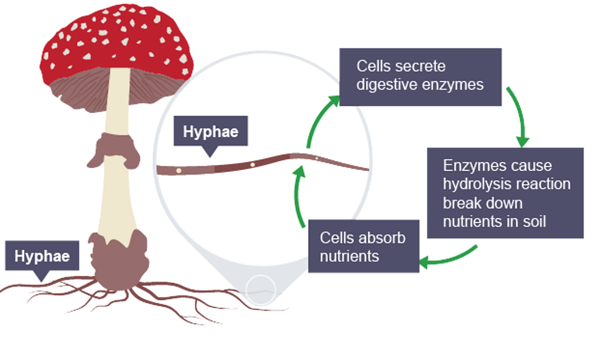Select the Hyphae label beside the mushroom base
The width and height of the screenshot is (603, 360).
[42, 255]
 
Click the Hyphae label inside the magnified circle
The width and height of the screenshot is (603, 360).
[211, 131]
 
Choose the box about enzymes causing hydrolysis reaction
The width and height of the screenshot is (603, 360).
[505, 193]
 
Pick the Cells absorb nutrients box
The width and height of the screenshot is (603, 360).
[363, 246]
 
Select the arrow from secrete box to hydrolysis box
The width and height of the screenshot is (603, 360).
[517, 114]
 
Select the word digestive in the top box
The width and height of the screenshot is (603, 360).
[387, 85]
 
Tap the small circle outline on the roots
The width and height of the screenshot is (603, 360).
[261, 289]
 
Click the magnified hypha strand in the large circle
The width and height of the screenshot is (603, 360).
[259, 164]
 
